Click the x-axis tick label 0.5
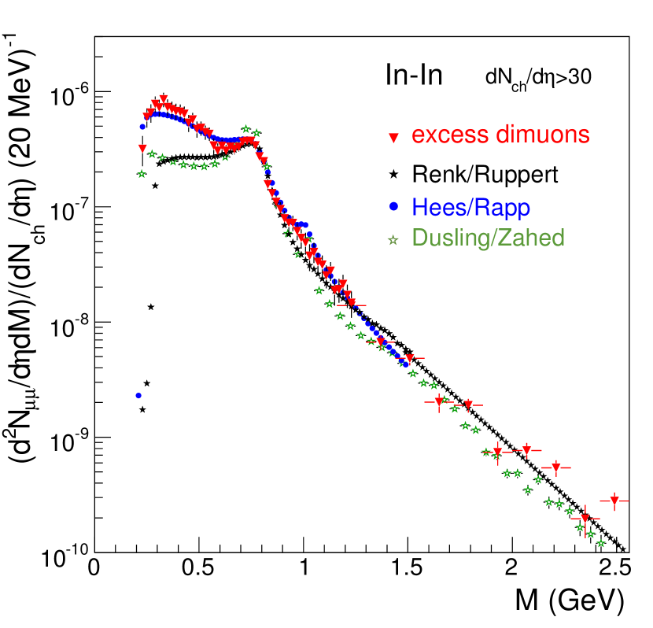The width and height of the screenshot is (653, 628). coord(199,568)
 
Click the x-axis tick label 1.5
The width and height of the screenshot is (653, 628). coord(408,568)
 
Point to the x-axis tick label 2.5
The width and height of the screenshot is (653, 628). coord(616,568)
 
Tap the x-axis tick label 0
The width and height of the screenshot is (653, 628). coord(95,568)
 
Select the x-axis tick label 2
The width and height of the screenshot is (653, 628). coord(512,568)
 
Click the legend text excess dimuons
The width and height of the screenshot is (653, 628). coord(500,135)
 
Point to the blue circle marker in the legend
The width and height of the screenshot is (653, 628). coord(394,208)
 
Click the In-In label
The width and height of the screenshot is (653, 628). coord(413,76)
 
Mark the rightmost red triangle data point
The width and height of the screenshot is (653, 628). coord(614,501)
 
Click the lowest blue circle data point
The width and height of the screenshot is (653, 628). coord(138,396)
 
